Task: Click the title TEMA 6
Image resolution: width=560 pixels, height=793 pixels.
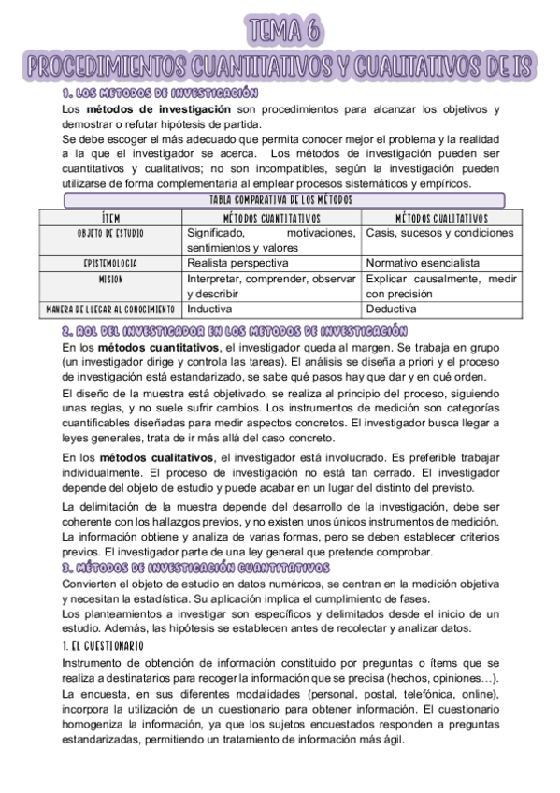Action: click(x=280, y=31)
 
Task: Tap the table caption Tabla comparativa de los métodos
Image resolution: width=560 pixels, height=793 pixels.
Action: click(x=280, y=200)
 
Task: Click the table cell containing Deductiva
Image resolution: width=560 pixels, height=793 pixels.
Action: click(x=392, y=309)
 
